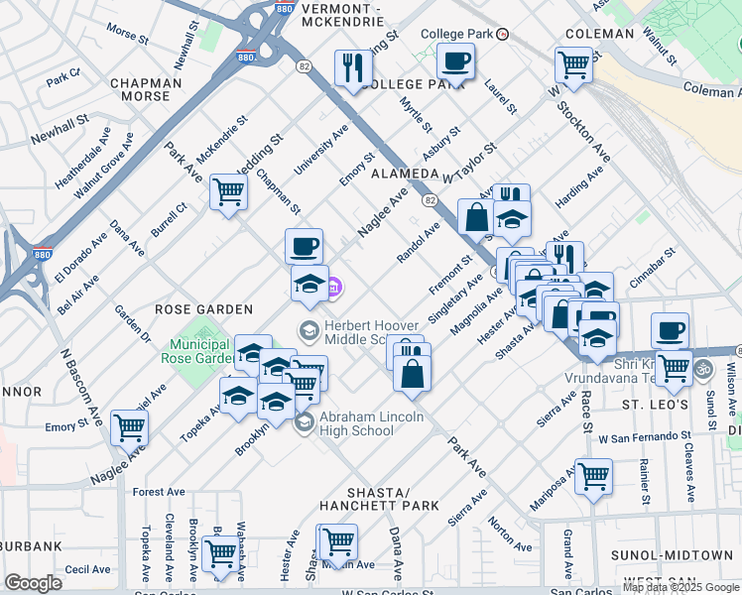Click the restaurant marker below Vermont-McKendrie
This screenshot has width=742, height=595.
pyautogui.click(x=352, y=68)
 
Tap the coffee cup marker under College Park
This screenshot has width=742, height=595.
pyautogui.click(x=455, y=61)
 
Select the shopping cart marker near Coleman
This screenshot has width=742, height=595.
pyautogui.click(x=573, y=65)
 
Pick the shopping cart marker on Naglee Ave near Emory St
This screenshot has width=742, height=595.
pyautogui.click(x=129, y=428)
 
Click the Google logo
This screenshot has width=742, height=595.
pyautogui.click(x=34, y=582)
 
